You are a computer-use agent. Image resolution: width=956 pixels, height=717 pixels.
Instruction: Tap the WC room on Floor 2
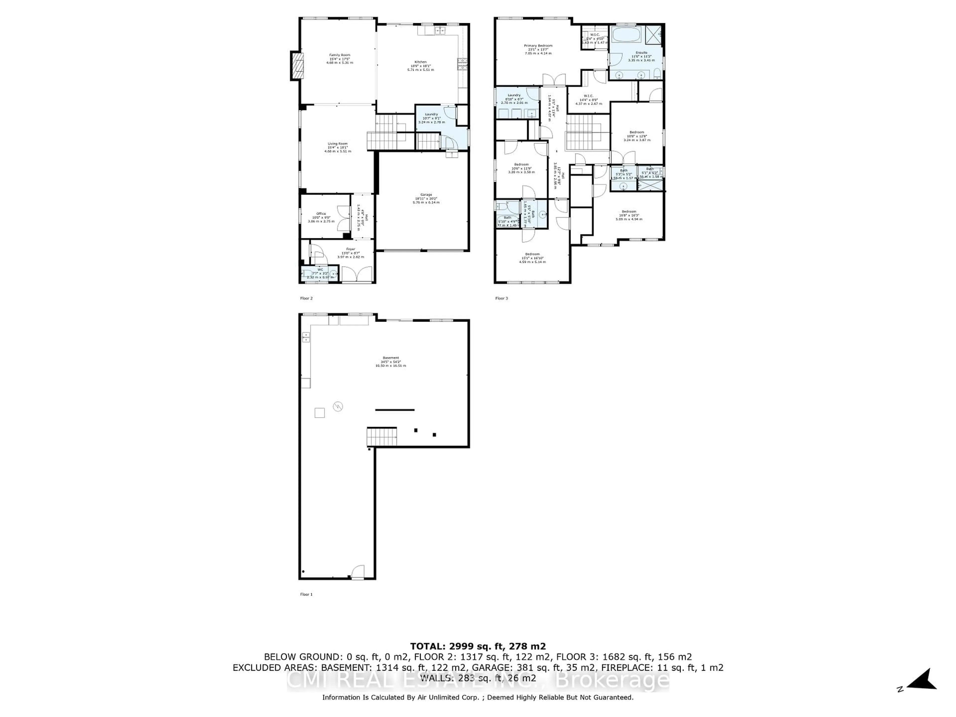pyautogui.click(x=320, y=273)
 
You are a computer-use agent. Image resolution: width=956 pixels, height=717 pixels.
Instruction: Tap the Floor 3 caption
pyautogui.click(x=501, y=298)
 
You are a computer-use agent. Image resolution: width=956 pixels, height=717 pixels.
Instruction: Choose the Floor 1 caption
pyautogui.click(x=306, y=594)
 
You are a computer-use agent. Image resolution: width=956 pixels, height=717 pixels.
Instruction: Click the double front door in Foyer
pyautogui.click(x=357, y=274)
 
